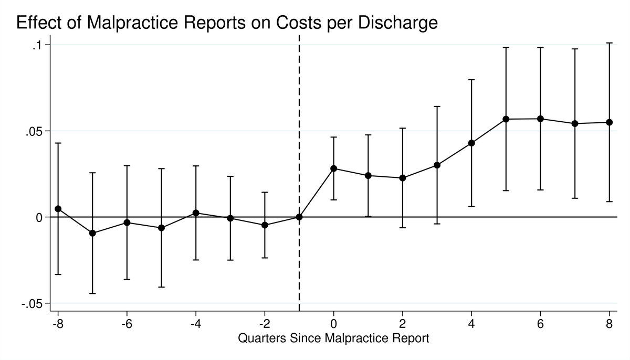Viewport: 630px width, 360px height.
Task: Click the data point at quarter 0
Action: coord(333,168)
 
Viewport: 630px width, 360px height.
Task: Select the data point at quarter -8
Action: coord(58,209)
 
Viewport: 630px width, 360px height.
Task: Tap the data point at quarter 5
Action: coord(506,119)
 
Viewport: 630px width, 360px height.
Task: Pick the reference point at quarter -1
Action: coord(299,217)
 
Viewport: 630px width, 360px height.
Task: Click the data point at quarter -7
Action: coord(92,233)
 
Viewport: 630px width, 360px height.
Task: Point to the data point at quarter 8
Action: coord(610,122)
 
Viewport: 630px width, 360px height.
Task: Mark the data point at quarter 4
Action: coord(471,143)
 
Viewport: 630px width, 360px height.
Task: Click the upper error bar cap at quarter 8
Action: coord(610,43)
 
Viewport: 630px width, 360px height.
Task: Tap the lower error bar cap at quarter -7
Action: coord(92,293)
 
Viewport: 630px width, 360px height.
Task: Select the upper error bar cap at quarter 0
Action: coord(333,137)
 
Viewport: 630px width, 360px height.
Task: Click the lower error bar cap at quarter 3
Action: coord(437,224)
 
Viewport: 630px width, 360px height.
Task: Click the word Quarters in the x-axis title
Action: coord(261,338)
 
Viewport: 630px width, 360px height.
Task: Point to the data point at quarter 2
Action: coord(403,178)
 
